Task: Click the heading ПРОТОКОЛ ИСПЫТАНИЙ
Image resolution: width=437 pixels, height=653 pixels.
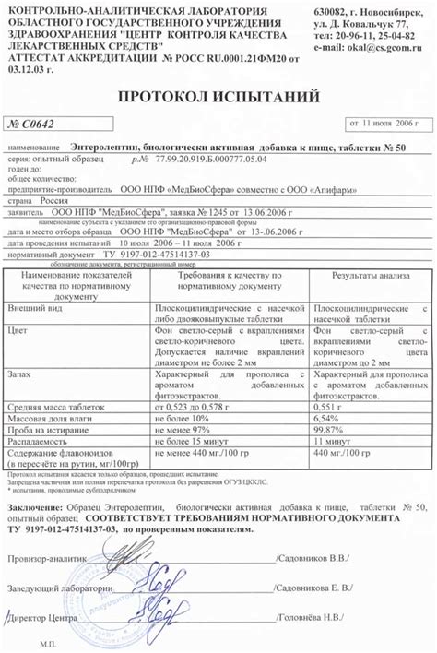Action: click(x=218, y=96)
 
